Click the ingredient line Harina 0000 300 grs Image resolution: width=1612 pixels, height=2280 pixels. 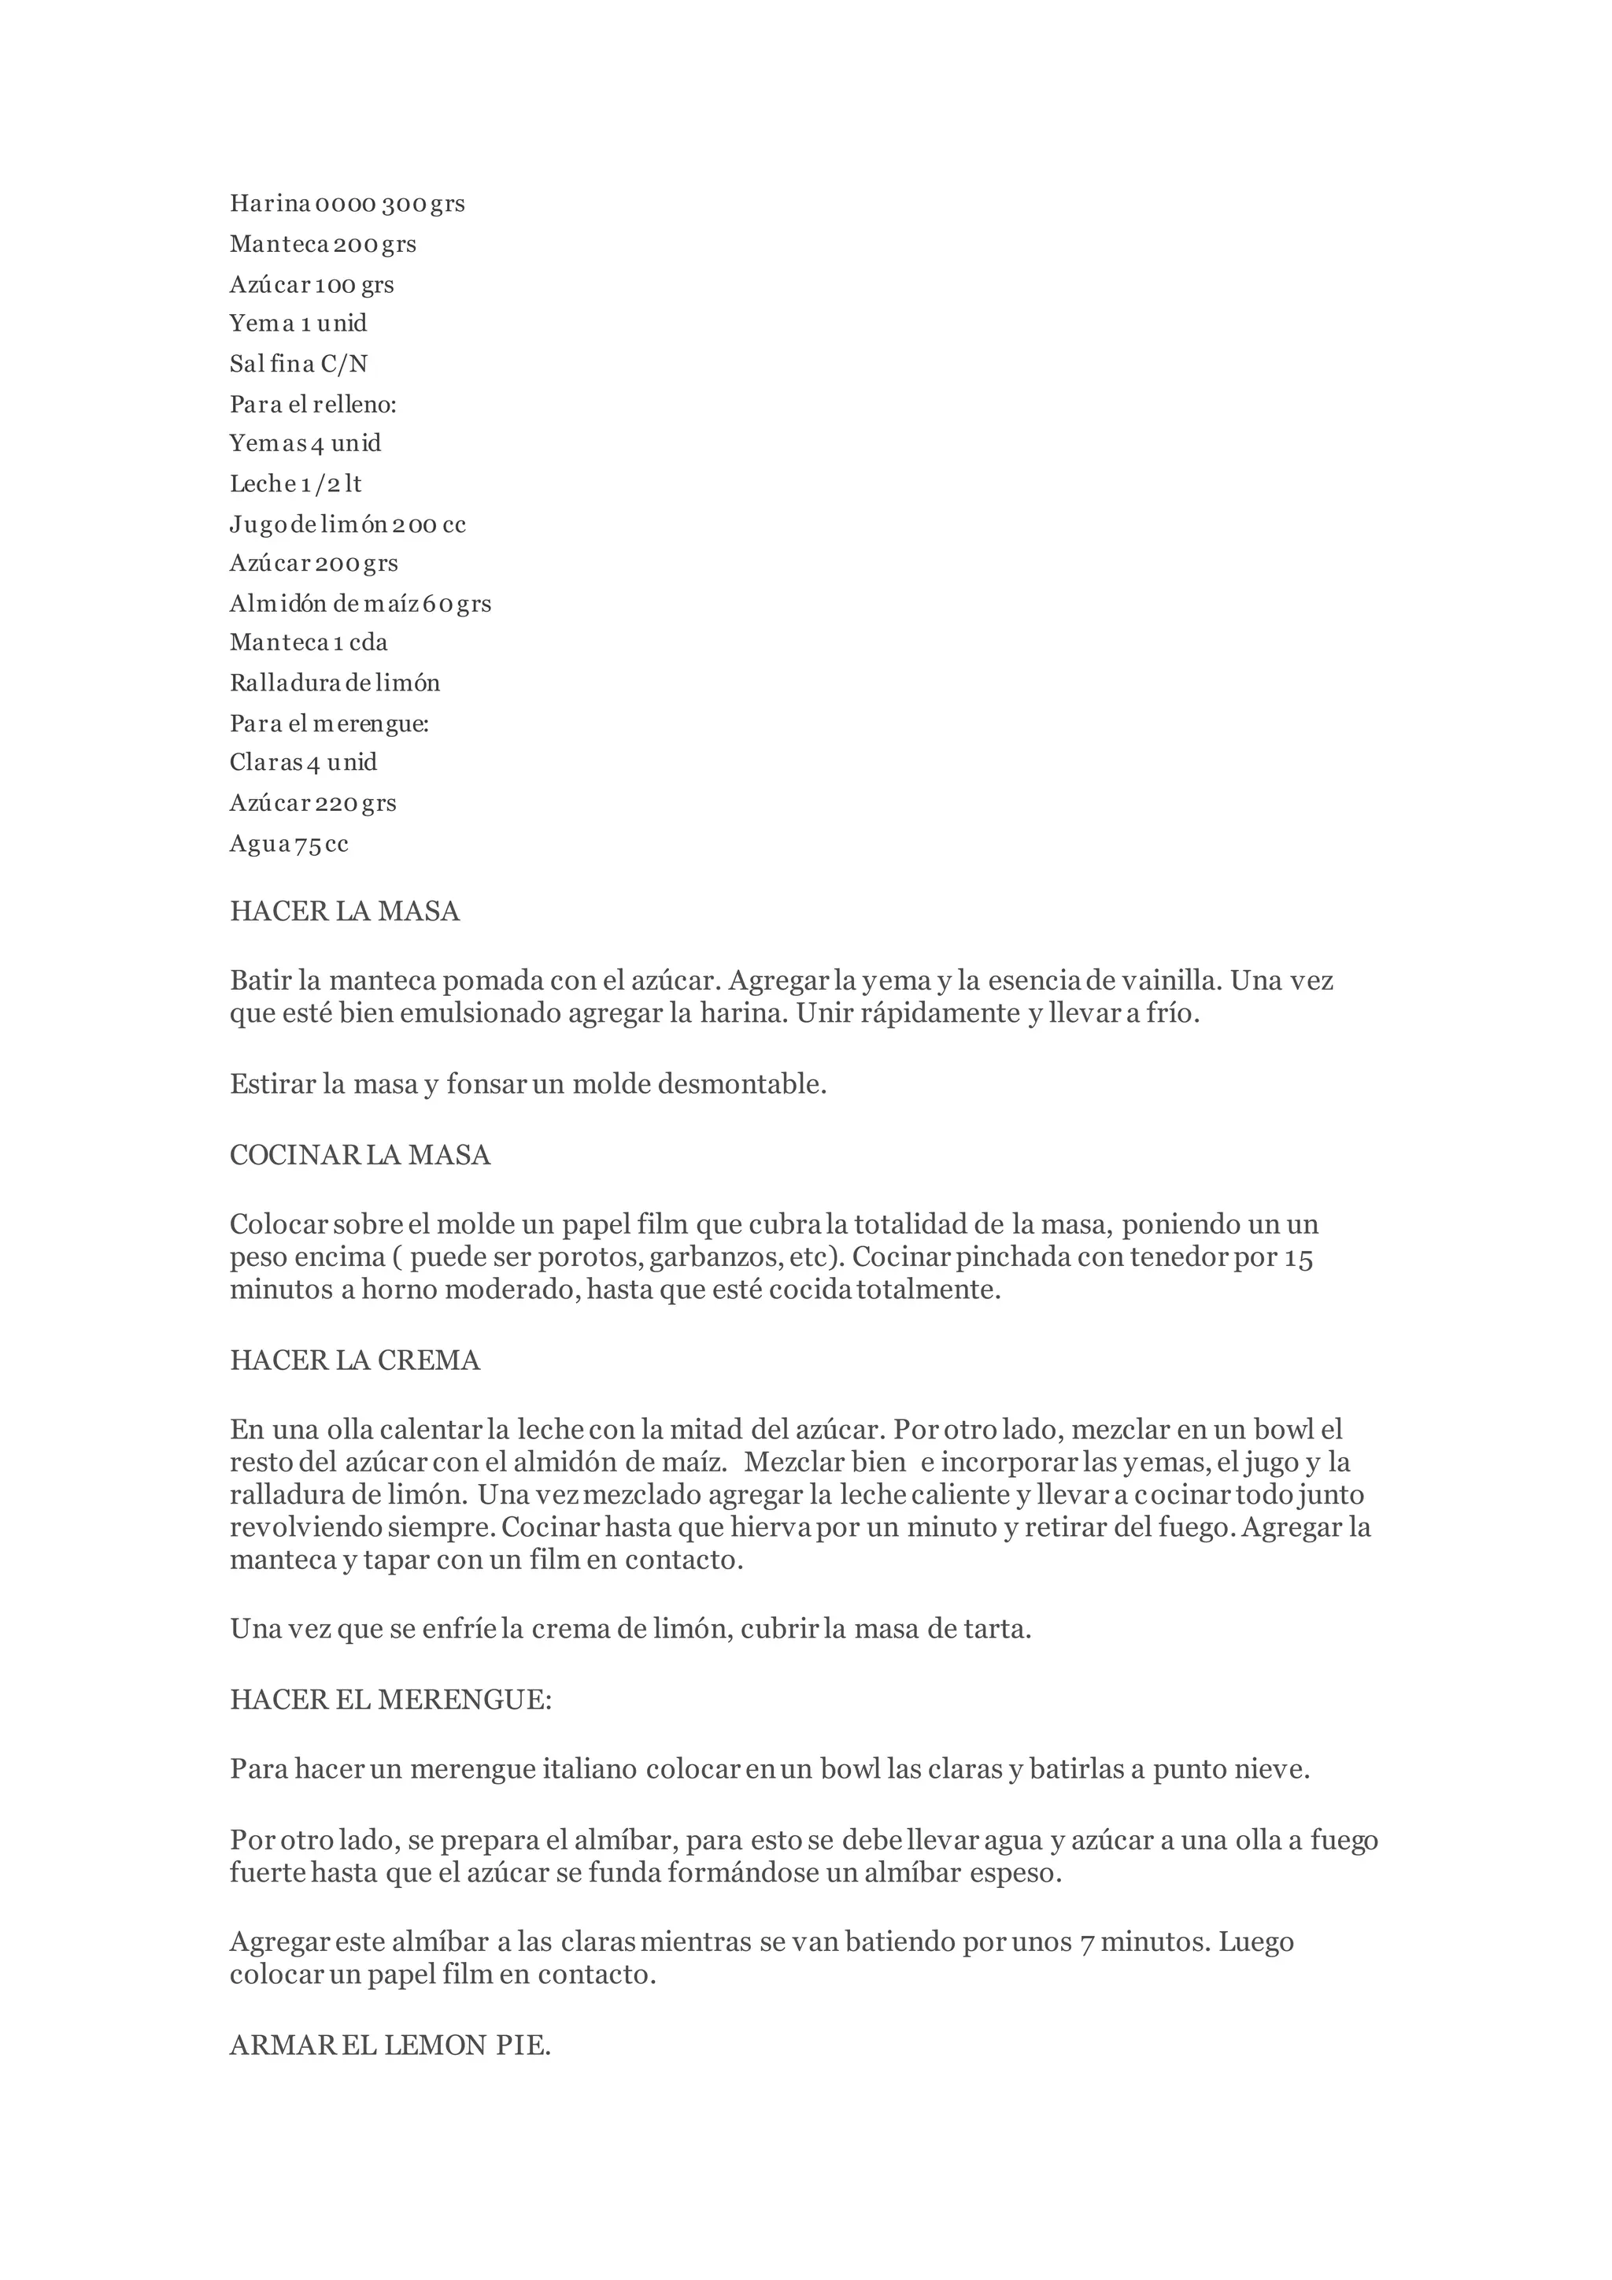tap(347, 204)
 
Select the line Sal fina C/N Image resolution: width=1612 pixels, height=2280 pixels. tap(299, 364)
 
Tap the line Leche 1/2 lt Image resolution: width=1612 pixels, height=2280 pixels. tap(296, 483)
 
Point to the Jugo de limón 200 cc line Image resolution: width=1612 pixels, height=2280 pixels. tap(347, 524)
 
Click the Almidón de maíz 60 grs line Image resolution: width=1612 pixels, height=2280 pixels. tap(360, 603)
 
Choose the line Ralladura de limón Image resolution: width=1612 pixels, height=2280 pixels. tap(335, 683)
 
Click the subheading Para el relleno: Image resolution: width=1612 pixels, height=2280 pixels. tap(312, 404)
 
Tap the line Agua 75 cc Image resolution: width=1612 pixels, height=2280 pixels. tap(289, 843)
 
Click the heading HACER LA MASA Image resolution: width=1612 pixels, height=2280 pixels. tap(345, 911)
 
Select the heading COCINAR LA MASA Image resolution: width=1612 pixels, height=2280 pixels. tap(360, 1154)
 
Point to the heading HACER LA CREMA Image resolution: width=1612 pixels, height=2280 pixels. tap(354, 1360)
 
